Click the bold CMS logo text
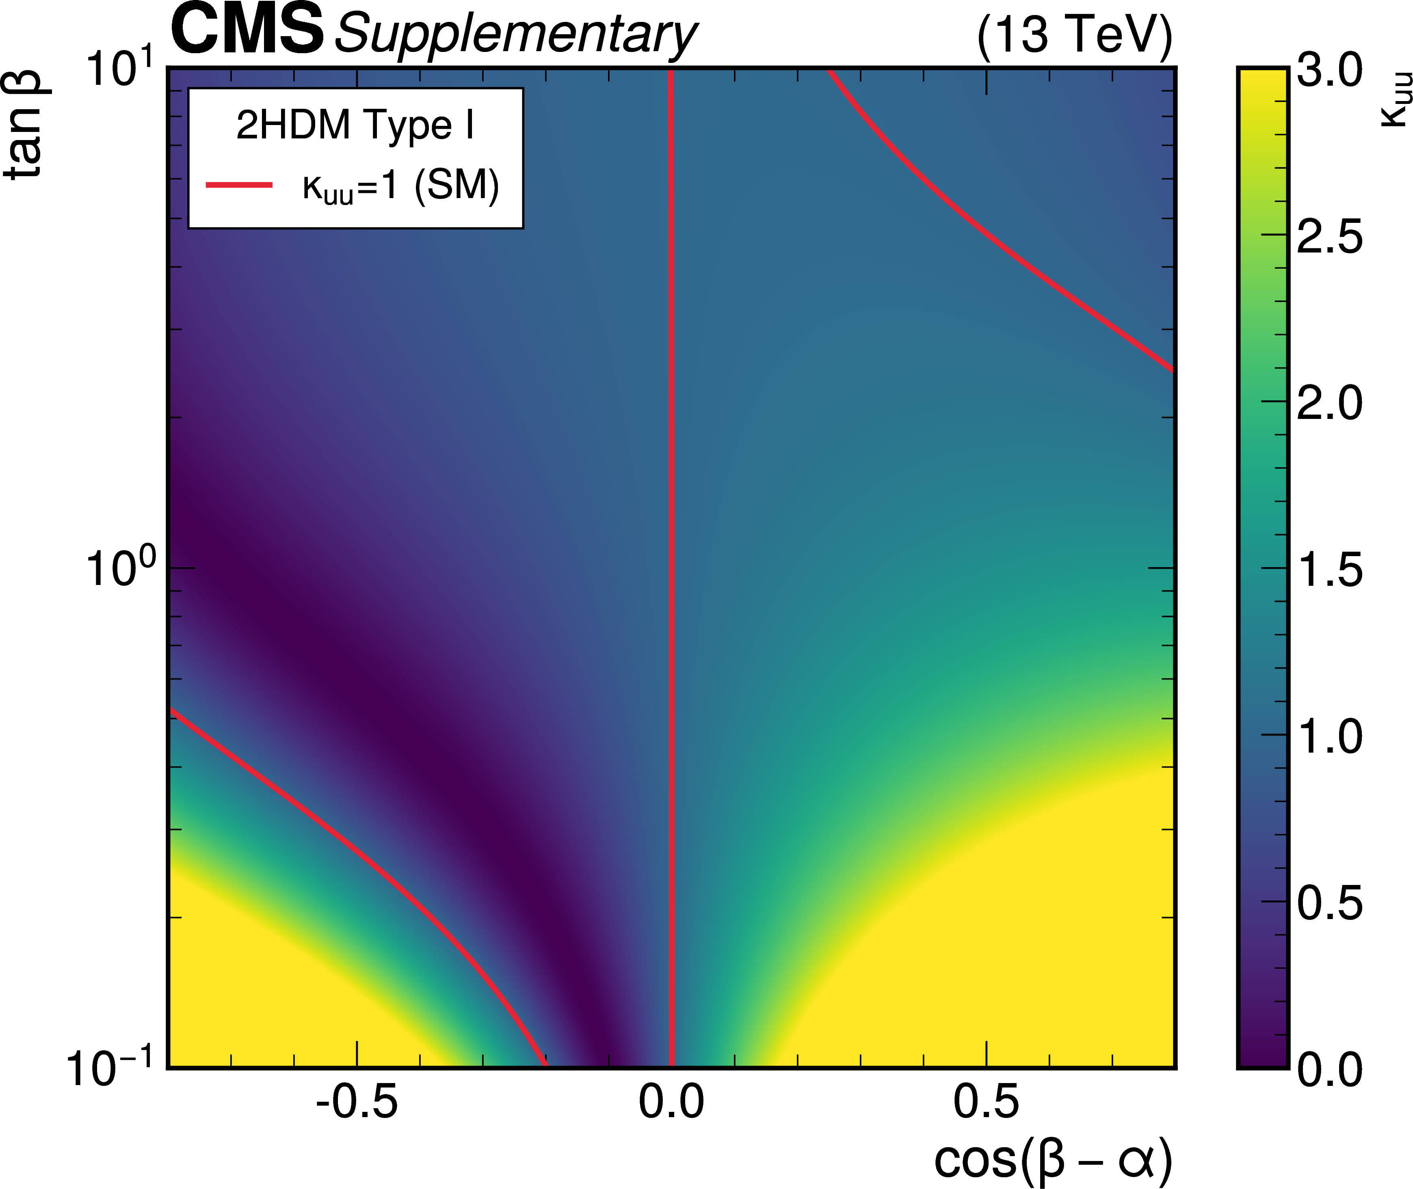tap(247, 30)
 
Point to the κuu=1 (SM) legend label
tap(400, 186)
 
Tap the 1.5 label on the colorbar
tap(1329, 569)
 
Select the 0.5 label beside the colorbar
tap(1329, 902)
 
